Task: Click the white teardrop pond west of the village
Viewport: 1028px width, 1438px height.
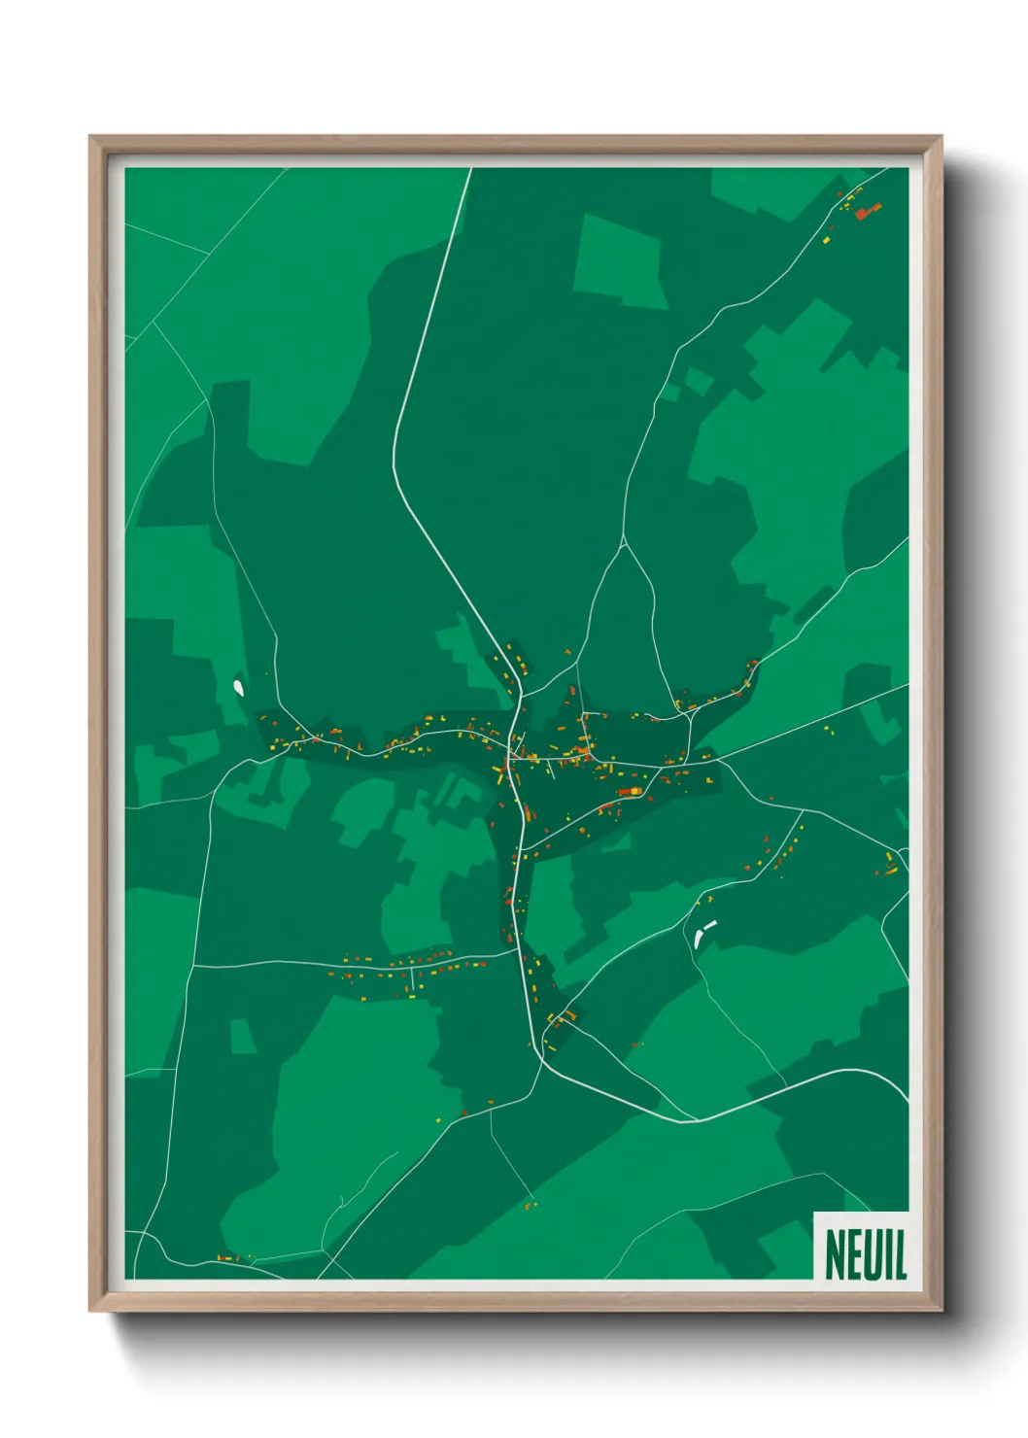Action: click(238, 687)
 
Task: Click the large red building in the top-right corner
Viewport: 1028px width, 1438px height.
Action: click(868, 210)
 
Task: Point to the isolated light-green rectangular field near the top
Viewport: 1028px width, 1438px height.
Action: click(621, 260)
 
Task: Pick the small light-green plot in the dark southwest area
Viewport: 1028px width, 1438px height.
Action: click(242, 1036)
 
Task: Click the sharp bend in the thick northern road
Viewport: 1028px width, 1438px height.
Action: click(394, 457)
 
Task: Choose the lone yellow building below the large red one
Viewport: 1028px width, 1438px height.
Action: click(827, 239)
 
